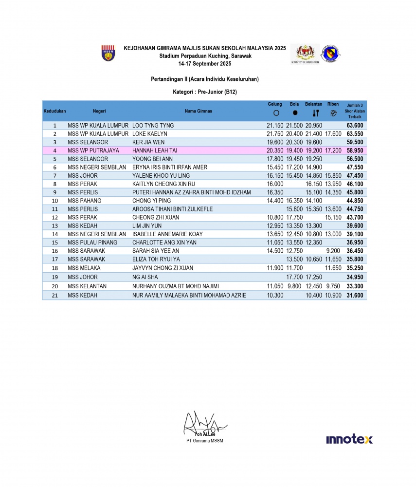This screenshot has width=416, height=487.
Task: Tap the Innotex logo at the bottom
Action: click(x=349, y=439)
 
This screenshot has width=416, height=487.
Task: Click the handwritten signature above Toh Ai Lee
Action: click(x=202, y=424)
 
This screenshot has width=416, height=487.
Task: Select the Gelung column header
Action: click(x=275, y=104)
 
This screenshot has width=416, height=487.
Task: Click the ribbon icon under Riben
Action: click(x=333, y=113)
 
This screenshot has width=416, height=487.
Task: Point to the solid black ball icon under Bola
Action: click(x=295, y=113)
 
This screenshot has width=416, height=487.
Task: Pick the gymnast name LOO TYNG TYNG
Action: click(x=153, y=125)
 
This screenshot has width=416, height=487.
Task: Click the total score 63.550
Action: click(x=355, y=133)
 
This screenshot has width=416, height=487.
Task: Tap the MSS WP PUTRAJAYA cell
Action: click(x=93, y=150)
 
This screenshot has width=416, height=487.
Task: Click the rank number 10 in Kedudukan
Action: click(x=54, y=201)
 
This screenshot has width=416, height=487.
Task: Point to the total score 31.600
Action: click(x=355, y=295)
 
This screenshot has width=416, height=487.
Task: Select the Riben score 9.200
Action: click(x=333, y=251)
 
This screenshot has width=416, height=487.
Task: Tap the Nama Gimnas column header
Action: click(x=198, y=111)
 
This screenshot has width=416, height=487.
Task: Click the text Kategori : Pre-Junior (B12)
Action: click(x=204, y=92)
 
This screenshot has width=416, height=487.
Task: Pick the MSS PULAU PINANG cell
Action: click(x=91, y=243)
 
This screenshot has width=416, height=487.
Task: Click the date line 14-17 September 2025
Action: click(x=204, y=64)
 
